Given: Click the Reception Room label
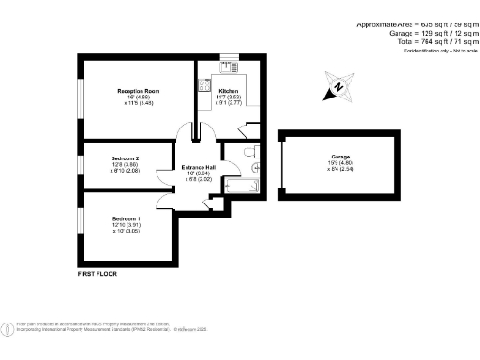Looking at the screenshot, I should click(138, 91).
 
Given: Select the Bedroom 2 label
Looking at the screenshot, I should click(125, 158).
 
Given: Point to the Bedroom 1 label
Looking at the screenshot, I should click(125, 218).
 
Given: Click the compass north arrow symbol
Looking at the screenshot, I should click(337, 88).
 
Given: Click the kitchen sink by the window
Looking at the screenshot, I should click(229, 67).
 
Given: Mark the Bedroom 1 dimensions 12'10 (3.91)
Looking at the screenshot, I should click(125, 225).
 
